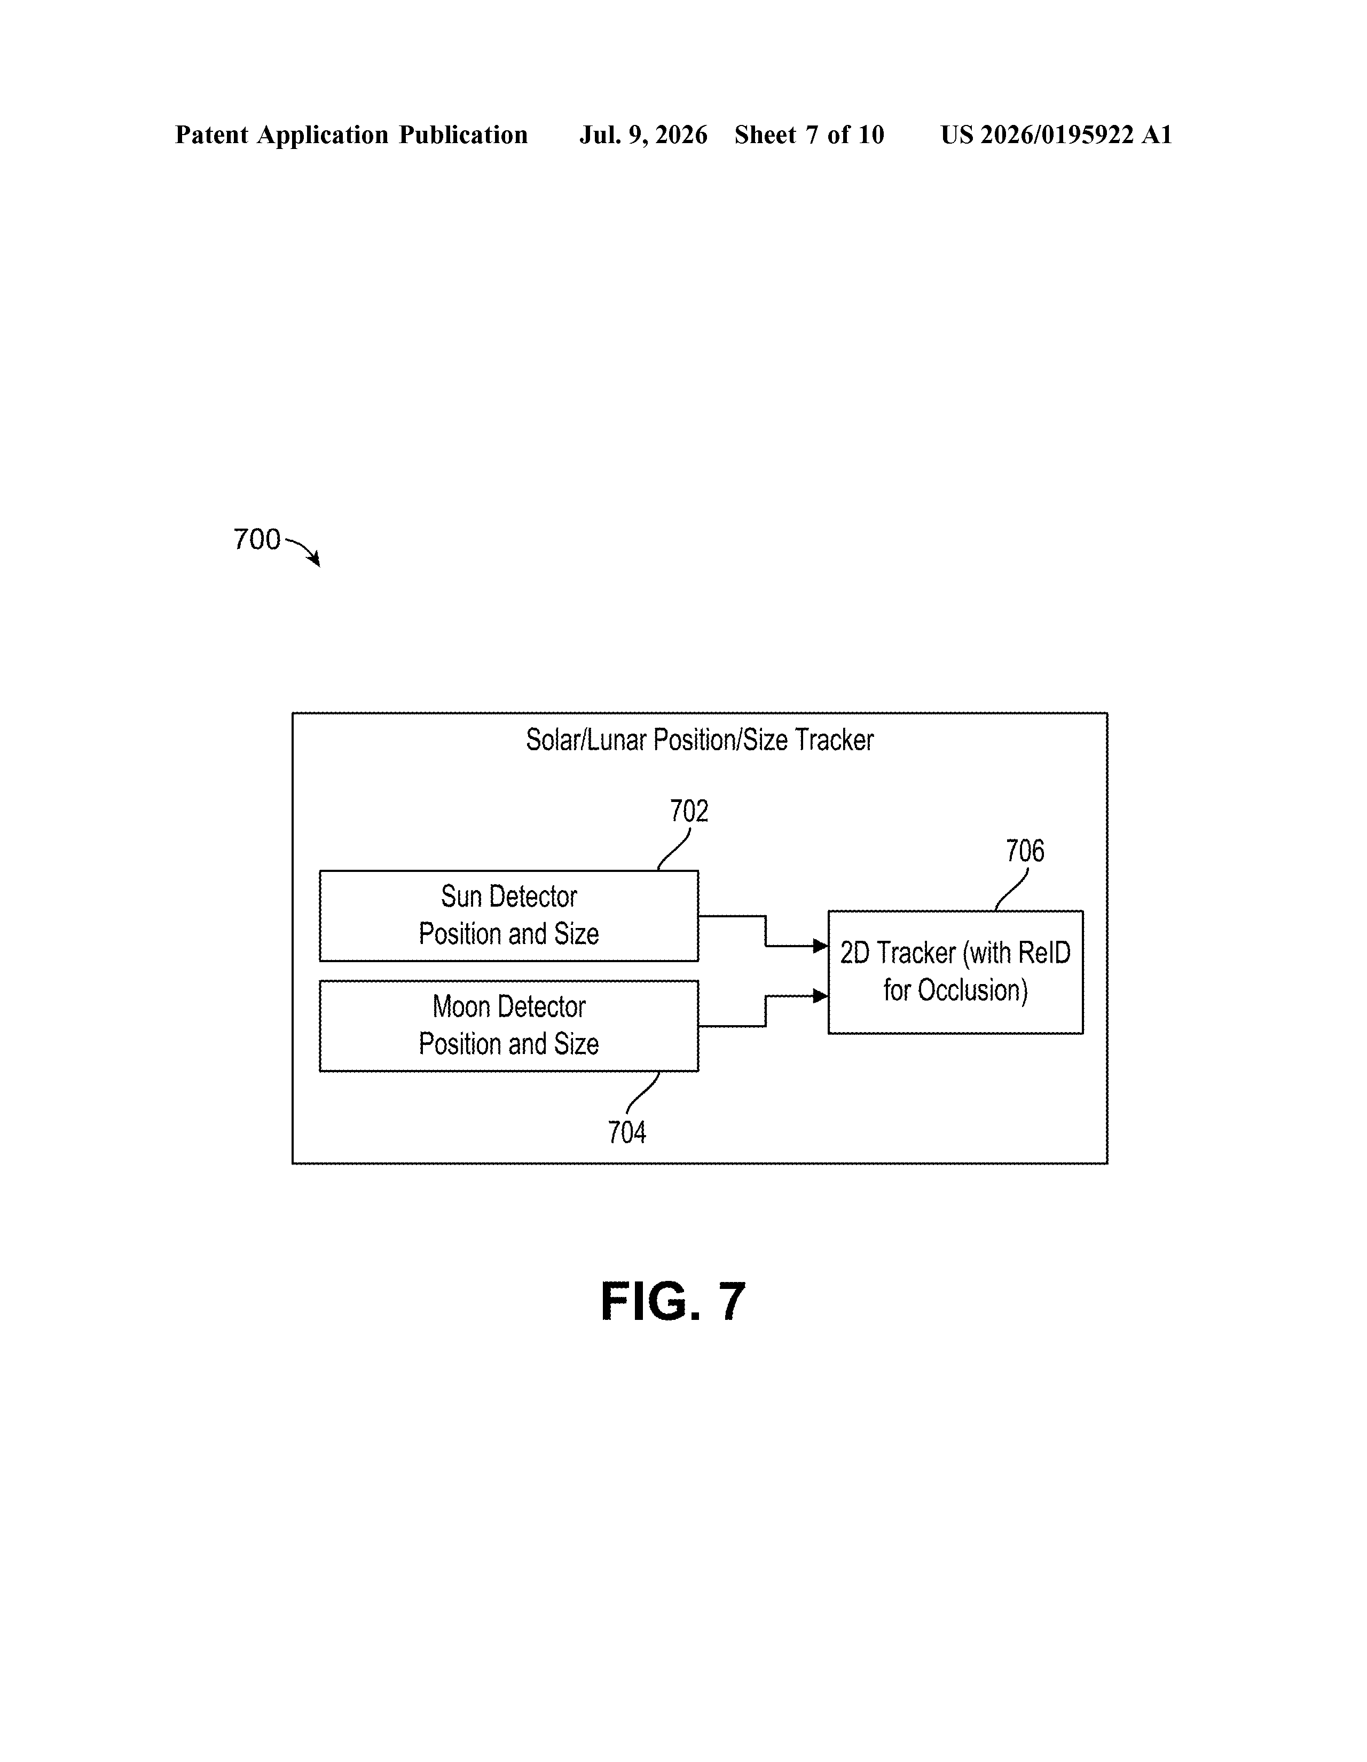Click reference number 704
627,1132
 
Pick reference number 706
1025,851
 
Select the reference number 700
257,539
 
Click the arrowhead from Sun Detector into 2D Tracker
821,946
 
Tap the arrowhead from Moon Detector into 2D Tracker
821,996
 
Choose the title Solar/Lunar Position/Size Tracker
700,740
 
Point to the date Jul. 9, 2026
643,135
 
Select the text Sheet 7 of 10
810,135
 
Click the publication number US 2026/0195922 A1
1056,135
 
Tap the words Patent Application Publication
352,135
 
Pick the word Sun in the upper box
461,896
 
